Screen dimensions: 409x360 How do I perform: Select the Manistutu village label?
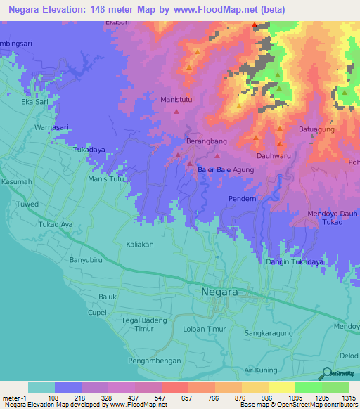click(x=177, y=100)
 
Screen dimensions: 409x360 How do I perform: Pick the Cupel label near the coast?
click(x=96, y=311)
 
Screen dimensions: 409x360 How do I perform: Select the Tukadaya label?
click(x=89, y=150)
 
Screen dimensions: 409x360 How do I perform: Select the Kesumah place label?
click(x=17, y=182)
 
